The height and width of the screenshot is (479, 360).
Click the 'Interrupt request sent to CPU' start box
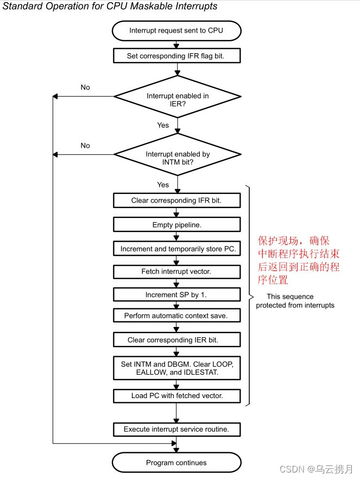pyautogui.click(x=176, y=30)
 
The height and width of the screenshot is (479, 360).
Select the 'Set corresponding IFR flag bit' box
pyautogui.click(x=176, y=55)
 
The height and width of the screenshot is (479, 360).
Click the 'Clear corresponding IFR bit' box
pyautogui.click(x=176, y=200)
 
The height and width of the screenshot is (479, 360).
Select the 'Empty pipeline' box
pyautogui.click(x=176, y=225)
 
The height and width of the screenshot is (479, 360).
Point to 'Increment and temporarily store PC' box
pyautogui.click(x=176, y=249)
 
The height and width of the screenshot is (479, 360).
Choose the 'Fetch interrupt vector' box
pyautogui.click(x=176, y=271)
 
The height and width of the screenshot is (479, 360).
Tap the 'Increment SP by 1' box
pyautogui.click(x=176, y=295)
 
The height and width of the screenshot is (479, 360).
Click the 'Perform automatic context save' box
pyautogui.click(x=176, y=316)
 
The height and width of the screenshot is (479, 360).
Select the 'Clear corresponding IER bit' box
pyautogui.click(x=176, y=340)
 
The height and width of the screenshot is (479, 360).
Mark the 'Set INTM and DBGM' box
pyautogui.click(x=176, y=368)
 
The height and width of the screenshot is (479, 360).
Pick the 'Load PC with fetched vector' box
pyautogui.click(x=176, y=395)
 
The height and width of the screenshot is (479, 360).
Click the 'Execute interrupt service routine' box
pyautogui.click(x=176, y=429)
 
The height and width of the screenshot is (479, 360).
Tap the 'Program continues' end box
pyautogui.click(x=176, y=463)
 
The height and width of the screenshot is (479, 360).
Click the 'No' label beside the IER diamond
pyautogui.click(x=85, y=87)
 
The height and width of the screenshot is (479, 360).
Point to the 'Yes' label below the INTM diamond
pyautogui.click(x=163, y=185)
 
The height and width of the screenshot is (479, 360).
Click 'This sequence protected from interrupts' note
pyautogui.click(x=295, y=301)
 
